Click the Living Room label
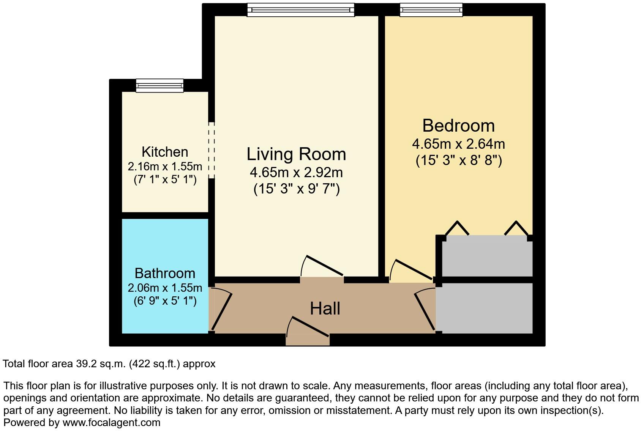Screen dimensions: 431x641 click(x=296, y=154)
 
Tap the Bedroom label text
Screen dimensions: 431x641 click(x=458, y=126)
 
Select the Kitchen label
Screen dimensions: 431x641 click(x=165, y=152)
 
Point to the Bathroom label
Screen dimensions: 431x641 click(x=165, y=273)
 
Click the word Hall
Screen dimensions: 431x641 click(x=325, y=308)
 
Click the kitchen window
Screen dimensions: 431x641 click(x=160, y=86)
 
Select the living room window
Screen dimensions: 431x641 click(x=300, y=10)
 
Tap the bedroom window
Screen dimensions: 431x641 click(x=431, y=10)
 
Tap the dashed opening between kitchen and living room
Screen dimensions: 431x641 click(x=212, y=150)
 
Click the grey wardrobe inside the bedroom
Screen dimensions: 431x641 click(x=487, y=256)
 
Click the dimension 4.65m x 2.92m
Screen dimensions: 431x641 click(x=296, y=173)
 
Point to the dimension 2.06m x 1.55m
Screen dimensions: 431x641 click(x=165, y=288)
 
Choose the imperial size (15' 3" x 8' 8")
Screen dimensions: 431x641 click(x=459, y=160)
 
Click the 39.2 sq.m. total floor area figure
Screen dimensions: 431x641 click(x=100, y=364)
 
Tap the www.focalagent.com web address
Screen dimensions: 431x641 click(x=111, y=422)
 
